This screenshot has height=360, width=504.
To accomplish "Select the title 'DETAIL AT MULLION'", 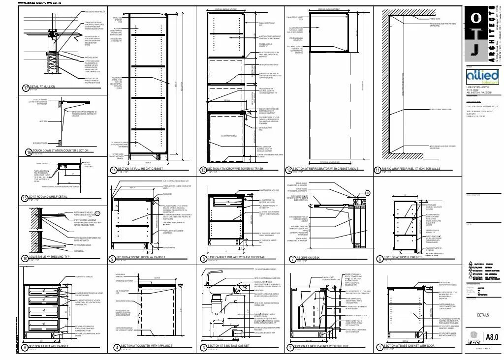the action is (43, 87).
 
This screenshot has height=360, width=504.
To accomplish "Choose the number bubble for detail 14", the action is (114, 170).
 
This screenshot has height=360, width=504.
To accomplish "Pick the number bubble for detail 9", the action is (113, 258).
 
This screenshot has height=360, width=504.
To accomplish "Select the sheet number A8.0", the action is (492, 337).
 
